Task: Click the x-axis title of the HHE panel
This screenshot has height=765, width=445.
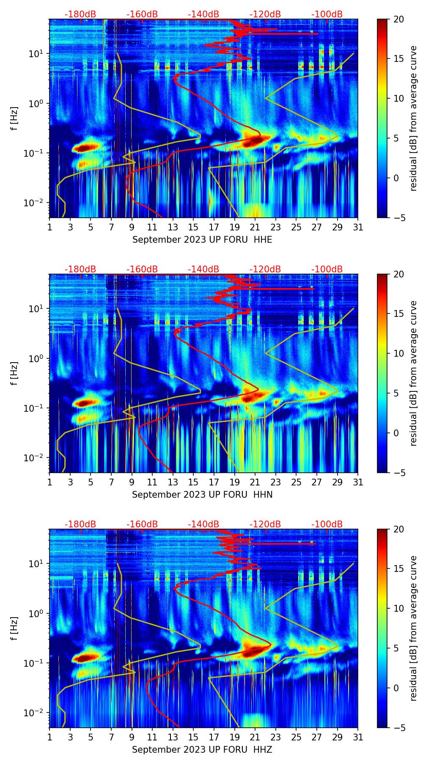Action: click(202, 240)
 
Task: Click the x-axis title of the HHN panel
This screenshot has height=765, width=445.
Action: click(202, 495)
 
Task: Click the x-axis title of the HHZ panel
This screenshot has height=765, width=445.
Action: click(202, 750)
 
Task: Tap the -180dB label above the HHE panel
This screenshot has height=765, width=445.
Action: click(80, 14)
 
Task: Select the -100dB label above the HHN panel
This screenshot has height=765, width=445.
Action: click(327, 269)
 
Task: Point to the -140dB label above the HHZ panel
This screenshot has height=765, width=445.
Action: click(203, 524)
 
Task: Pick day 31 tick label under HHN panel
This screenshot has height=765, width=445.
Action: click(358, 482)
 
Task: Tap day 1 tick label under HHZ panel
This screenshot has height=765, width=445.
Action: click(49, 737)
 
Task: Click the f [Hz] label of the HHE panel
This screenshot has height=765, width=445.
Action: click(14, 119)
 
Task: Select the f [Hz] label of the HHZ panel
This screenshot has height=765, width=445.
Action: click(14, 629)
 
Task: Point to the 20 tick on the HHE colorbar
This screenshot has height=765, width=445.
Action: click(398, 19)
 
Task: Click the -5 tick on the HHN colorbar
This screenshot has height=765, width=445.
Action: click(398, 473)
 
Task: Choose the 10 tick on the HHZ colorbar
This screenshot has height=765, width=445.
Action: click(398, 608)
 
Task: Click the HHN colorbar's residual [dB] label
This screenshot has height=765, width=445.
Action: click(414, 373)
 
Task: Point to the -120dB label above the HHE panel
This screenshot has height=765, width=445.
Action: click(265, 14)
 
